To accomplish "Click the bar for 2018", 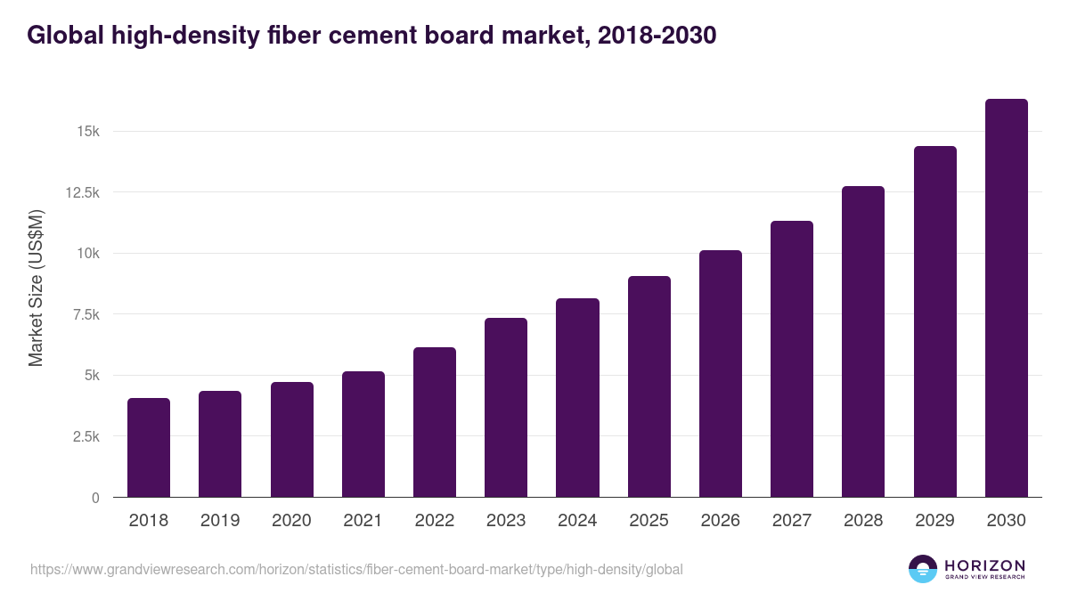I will pyautogui.click(x=149, y=447).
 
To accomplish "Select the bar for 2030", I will pyautogui.click(x=1006, y=297).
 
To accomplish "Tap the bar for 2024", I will pyautogui.click(x=577, y=397).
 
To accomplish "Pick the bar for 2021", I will pyautogui.click(x=363, y=434).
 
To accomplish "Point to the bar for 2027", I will pyautogui.click(x=792, y=359).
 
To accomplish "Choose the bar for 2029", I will pyautogui.click(x=934, y=321).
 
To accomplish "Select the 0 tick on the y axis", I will pyautogui.click(x=94, y=498).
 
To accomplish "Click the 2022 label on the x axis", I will pyautogui.click(x=435, y=521).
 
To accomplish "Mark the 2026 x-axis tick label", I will pyautogui.click(x=720, y=521).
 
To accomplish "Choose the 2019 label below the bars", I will pyautogui.click(x=220, y=521).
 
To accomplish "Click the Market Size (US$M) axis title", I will pyautogui.click(x=36, y=288).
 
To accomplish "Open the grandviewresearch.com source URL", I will pyautogui.click(x=356, y=569).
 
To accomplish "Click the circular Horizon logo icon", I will pyautogui.click(x=923, y=569).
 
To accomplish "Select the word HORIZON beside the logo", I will pyautogui.click(x=984, y=565).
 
